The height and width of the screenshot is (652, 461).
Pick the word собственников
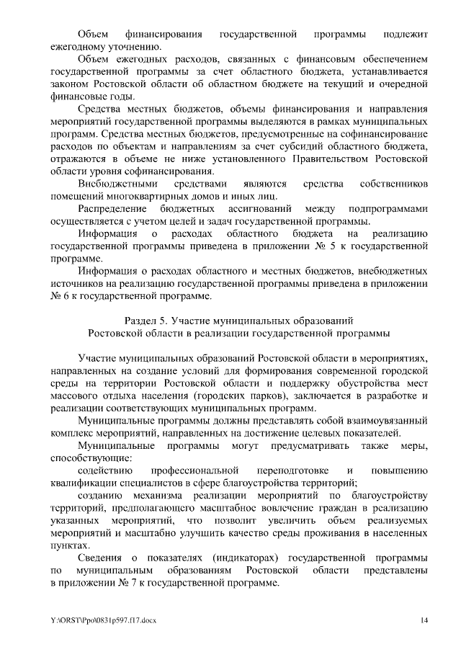[398, 184]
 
